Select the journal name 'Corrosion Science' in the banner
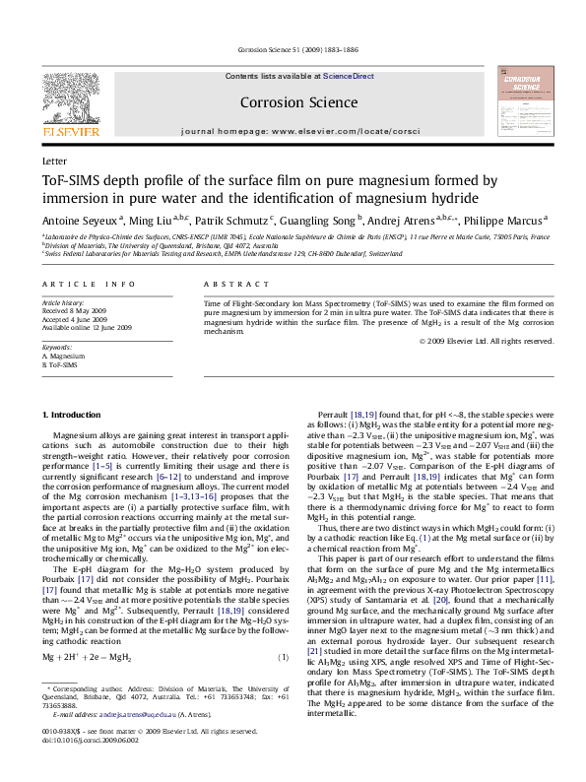click(298, 101)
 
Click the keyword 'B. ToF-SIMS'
click(60, 364)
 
